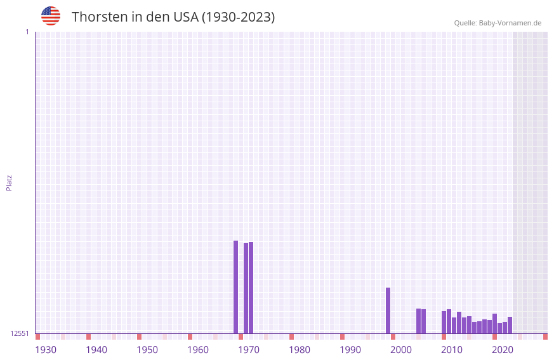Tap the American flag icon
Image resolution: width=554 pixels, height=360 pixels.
coord(51,16)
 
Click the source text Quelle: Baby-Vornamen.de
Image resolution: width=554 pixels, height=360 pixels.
coord(498,23)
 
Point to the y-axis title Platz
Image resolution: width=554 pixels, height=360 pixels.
coord(9,182)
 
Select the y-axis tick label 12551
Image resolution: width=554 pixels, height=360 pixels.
coord(20,333)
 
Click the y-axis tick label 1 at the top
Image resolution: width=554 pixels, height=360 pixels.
coord(27,32)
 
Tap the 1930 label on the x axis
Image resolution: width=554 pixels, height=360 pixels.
coord(46,350)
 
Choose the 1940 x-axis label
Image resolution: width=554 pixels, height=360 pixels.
coord(96,350)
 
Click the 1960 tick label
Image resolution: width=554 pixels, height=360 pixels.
coord(198,350)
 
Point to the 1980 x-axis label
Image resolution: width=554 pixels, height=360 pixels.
coord(300,350)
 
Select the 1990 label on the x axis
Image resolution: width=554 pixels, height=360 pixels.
coord(350,350)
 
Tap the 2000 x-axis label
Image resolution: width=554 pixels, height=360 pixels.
coord(401,350)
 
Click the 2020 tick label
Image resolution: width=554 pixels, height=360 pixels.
coord(503,350)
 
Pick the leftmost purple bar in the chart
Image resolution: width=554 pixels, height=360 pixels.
coord(235,287)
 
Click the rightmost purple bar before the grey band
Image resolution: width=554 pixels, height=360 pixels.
coord(510,325)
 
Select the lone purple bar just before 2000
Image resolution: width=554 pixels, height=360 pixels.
coord(388,310)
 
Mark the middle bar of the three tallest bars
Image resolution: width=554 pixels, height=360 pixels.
coord(246,288)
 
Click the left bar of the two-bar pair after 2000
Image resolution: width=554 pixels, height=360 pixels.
coord(418,321)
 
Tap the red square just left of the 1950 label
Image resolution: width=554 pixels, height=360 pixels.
coord(139,337)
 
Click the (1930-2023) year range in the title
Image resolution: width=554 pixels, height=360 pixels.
coord(238,17)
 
